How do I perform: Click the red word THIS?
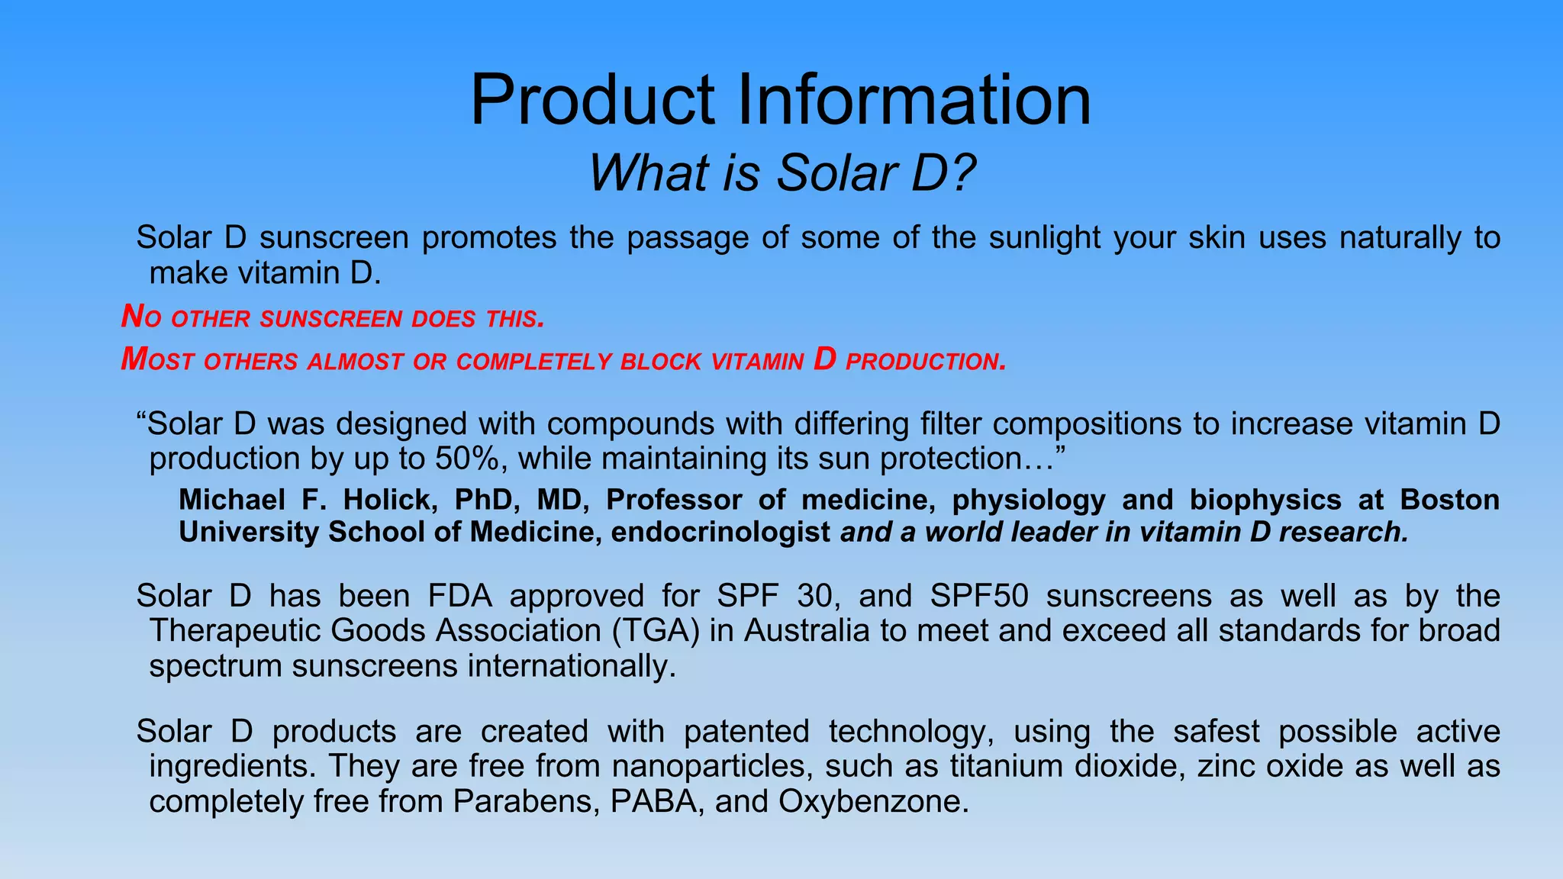tap(515, 319)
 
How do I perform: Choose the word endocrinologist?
tap(720, 532)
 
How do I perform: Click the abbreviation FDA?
tap(460, 596)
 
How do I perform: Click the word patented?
tap(746, 732)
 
